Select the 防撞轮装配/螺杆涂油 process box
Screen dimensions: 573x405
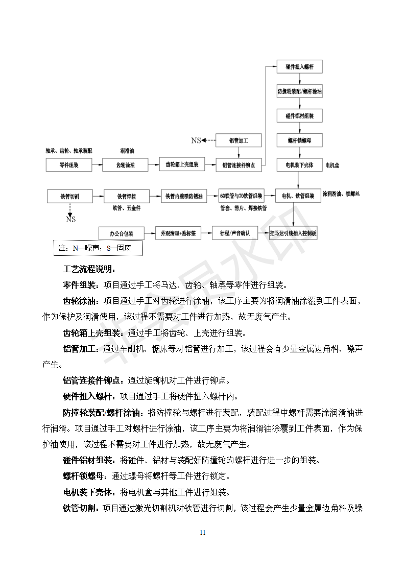299,92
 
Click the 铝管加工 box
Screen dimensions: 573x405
239,140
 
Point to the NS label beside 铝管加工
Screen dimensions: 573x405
196,140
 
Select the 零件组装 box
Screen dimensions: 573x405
69,165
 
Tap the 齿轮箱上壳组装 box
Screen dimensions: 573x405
182,165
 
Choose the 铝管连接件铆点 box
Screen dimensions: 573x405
239,165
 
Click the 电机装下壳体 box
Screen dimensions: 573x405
299,165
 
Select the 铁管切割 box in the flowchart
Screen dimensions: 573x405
69,196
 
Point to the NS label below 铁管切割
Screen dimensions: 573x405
70,219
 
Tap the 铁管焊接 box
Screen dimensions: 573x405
126,196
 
